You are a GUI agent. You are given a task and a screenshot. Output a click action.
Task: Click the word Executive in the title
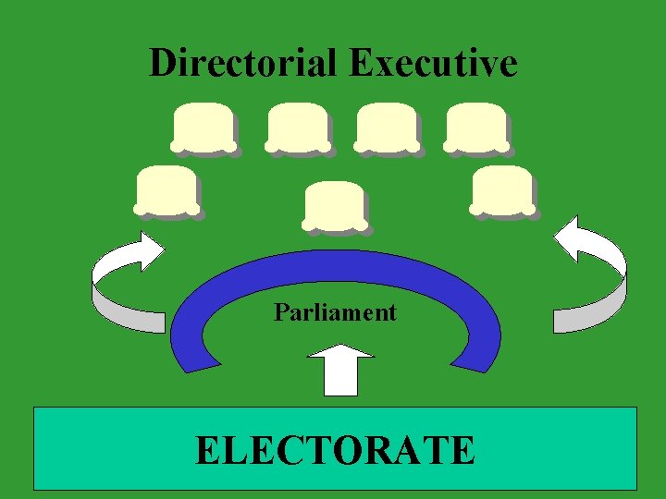(433, 64)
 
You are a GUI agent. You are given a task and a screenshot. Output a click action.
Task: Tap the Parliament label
(335, 312)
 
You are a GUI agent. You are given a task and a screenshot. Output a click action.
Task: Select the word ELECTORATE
(335, 450)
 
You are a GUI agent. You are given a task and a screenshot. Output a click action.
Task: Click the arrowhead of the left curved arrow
(145, 249)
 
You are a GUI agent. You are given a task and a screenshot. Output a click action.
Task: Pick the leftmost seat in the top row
(202, 127)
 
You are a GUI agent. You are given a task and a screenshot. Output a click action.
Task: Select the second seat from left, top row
(297, 127)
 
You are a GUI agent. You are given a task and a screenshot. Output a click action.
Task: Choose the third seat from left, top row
(386, 127)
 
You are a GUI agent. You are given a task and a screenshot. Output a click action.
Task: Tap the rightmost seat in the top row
(475, 127)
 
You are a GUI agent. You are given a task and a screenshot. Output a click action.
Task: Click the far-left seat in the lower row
(166, 189)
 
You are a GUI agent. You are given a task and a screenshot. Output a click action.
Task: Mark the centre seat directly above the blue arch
(334, 204)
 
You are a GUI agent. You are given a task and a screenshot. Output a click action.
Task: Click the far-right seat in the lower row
(501, 189)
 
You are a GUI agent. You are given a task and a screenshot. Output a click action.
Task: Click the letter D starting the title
(162, 64)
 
